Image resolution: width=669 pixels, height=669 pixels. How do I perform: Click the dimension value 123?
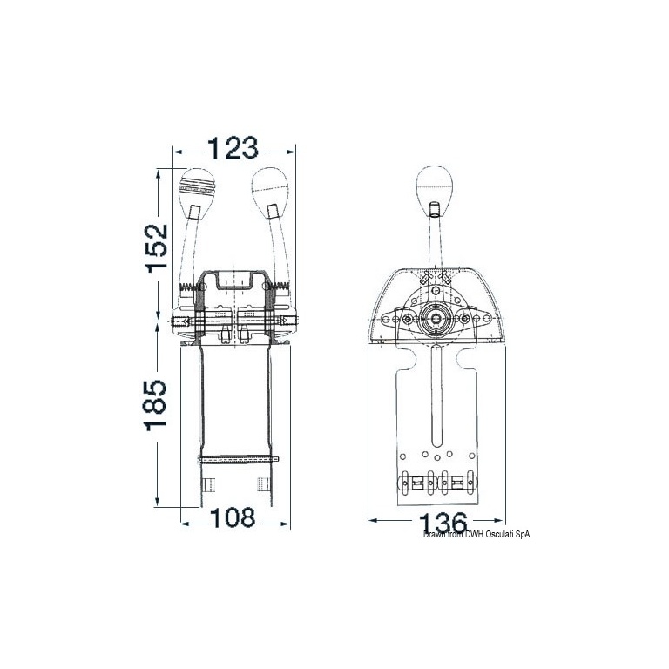pos(233,148)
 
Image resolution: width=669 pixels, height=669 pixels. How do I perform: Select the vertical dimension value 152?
pos(157,248)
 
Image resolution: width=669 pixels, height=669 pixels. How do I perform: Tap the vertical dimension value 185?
pos(155,405)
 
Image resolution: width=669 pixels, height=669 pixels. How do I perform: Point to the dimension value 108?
pos(233,517)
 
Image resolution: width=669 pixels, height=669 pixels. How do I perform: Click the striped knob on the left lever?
pos(196,187)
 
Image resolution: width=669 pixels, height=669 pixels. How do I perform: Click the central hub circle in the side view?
pos(436,318)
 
